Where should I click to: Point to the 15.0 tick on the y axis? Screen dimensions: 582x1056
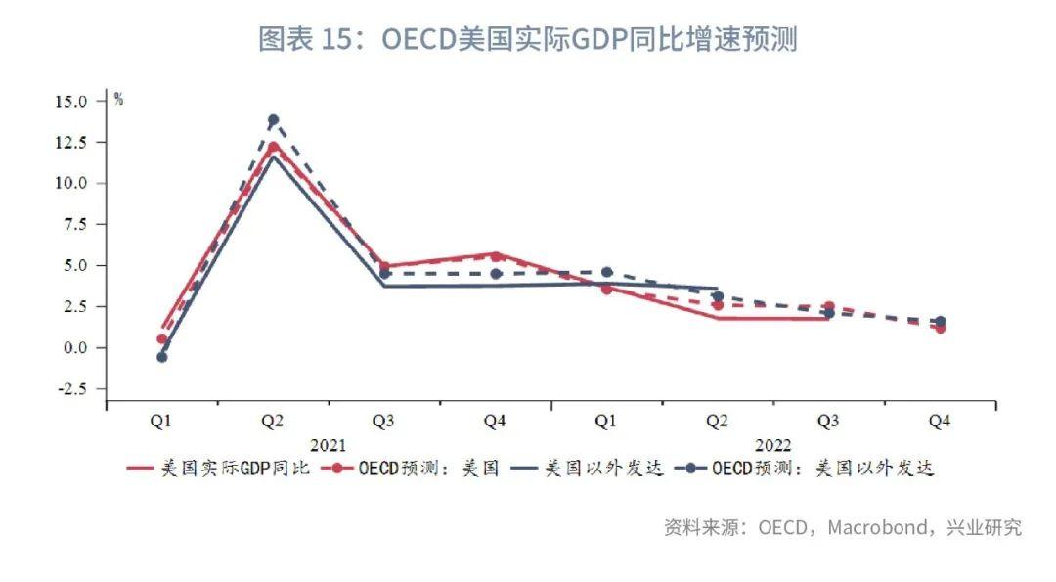click(x=71, y=101)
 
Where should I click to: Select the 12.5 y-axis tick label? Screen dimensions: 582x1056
click(x=71, y=142)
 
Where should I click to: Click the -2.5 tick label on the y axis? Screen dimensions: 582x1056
click(x=71, y=389)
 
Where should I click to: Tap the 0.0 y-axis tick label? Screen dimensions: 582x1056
click(x=75, y=348)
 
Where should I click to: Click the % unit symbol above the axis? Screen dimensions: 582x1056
click(x=118, y=98)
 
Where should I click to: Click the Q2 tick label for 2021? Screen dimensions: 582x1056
click(x=273, y=422)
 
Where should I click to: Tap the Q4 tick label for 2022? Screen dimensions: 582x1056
click(x=940, y=422)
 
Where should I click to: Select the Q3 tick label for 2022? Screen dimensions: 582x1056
click(x=828, y=422)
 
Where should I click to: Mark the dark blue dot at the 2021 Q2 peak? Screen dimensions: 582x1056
click(x=273, y=120)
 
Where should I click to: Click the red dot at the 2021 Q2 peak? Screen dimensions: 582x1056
click(x=273, y=148)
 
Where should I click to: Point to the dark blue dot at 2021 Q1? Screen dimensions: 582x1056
click(x=161, y=357)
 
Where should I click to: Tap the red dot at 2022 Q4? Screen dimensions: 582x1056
click(x=940, y=328)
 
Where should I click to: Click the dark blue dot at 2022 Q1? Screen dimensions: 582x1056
click(x=606, y=272)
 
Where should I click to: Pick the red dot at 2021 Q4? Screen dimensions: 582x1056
click(x=496, y=256)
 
